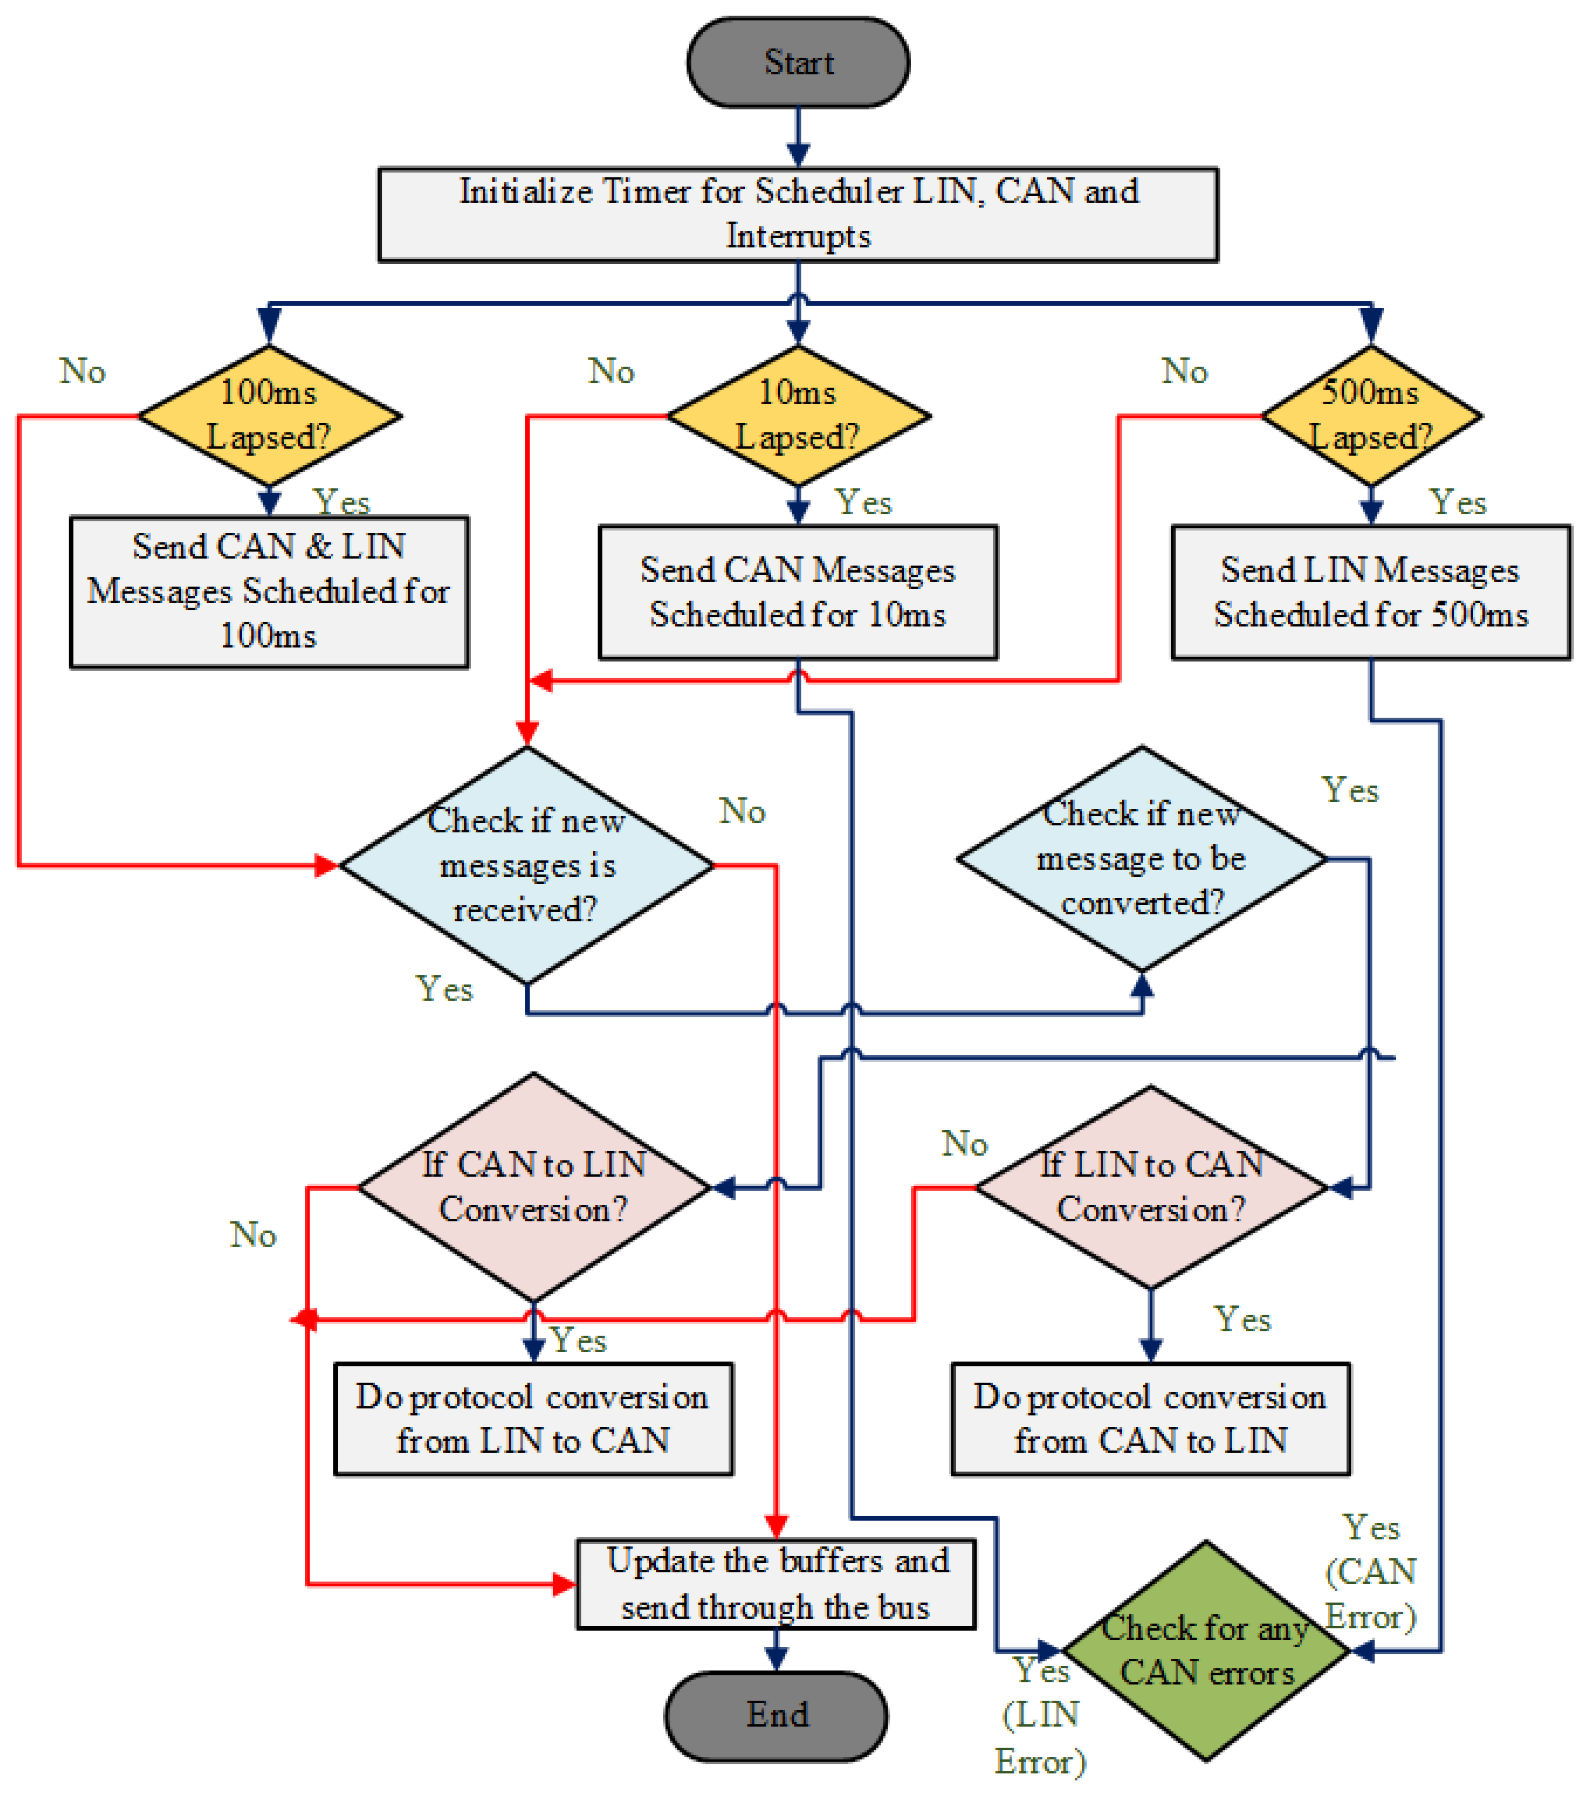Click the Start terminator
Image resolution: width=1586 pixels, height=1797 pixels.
[x=797, y=63]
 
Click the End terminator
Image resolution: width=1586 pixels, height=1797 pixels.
[x=776, y=1714]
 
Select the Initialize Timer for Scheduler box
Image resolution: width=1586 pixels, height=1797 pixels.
[x=797, y=214]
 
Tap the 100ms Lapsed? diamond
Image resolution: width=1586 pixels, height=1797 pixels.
[x=269, y=415]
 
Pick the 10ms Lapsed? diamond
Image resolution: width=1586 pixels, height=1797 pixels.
[x=797, y=415]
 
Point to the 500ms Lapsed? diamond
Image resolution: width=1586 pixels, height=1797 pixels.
[x=1371, y=415]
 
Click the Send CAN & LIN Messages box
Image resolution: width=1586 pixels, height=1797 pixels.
[x=269, y=591]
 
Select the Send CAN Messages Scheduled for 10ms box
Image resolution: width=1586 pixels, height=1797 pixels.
[x=797, y=592]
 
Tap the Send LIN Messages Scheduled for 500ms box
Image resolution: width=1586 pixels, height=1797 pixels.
[x=1371, y=592]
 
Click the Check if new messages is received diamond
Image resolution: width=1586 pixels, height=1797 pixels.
[x=526, y=865]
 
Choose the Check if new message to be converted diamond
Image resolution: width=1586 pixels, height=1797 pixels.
[x=1141, y=858]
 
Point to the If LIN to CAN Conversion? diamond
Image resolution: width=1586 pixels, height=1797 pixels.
[x=1151, y=1187]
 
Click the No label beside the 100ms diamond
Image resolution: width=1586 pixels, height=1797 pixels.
[x=83, y=371]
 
